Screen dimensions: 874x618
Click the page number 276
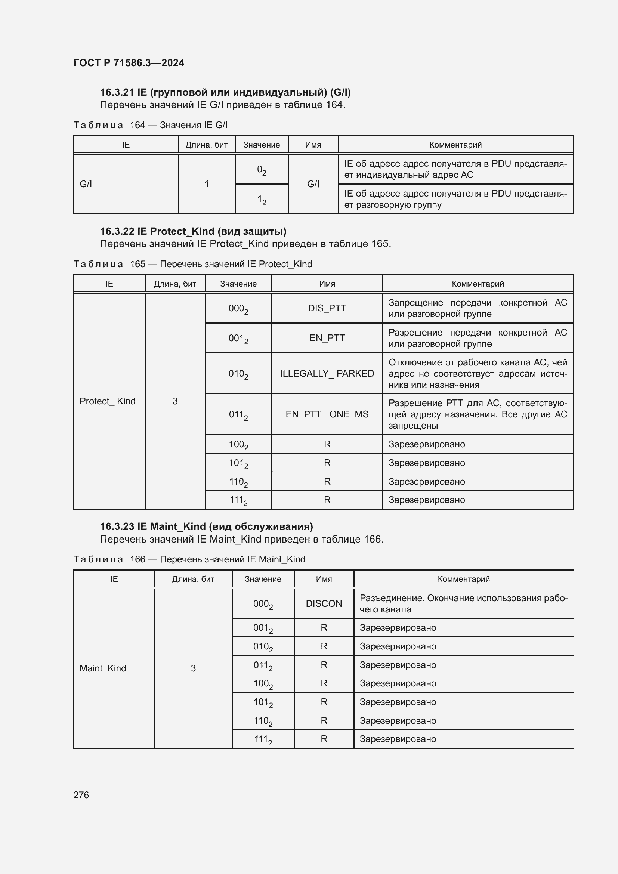point(81,795)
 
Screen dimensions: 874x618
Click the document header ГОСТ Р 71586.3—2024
point(129,63)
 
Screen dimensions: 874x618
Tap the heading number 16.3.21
point(117,93)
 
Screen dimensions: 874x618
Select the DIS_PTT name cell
point(327,308)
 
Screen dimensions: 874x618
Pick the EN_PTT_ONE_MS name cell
point(327,414)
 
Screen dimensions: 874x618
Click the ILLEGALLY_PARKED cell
point(327,373)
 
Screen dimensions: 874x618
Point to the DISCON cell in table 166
point(324,603)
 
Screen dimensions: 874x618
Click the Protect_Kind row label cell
point(107,401)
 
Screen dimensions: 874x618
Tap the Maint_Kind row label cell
point(103,668)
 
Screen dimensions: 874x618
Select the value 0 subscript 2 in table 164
point(262,170)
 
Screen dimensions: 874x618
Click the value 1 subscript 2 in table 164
point(262,200)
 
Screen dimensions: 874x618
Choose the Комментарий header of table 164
point(455,145)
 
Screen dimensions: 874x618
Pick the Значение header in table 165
point(238,284)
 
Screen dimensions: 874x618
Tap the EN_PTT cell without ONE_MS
point(327,338)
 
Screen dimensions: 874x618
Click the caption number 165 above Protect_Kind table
point(137,264)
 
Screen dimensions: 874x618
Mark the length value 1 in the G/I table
point(206,184)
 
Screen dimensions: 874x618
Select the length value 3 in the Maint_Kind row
point(193,668)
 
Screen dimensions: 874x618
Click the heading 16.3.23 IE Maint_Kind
point(206,526)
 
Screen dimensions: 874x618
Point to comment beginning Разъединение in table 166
point(463,603)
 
